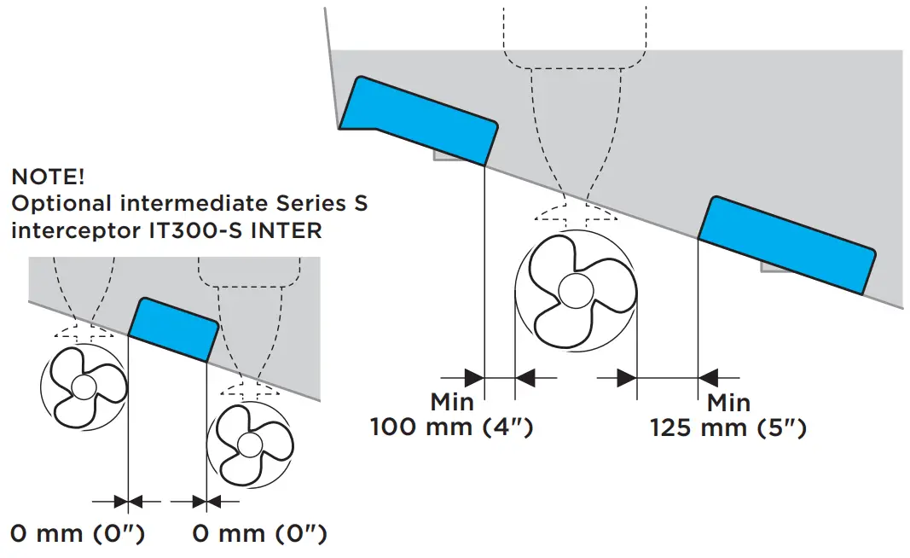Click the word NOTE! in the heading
click(48, 177)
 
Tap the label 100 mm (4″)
click(451, 427)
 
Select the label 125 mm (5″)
click(727, 427)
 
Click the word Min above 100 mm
click(452, 401)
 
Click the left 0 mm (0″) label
click(78, 534)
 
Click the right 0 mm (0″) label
click(259, 534)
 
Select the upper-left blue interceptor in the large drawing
click(419, 120)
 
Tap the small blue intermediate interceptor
click(173, 329)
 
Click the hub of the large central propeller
click(575, 289)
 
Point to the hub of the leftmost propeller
click(84, 387)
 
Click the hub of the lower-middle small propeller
click(249, 444)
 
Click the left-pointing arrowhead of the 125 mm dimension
click(708, 375)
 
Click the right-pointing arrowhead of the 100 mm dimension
click(474, 375)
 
